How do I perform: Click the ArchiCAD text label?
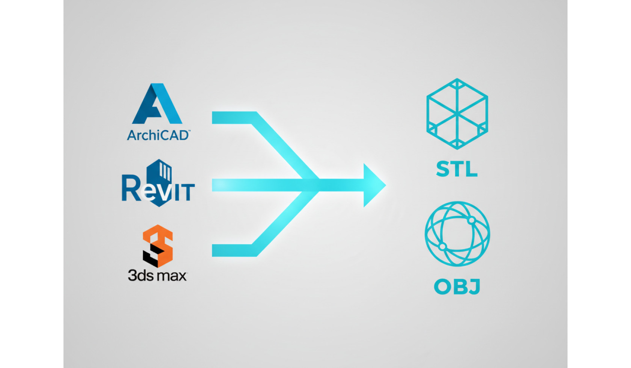click(159, 136)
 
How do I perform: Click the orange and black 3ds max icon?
click(157, 246)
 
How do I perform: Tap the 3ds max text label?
click(157, 275)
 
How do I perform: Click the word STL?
click(457, 169)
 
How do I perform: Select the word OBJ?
click(457, 287)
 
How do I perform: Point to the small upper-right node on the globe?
click(472, 220)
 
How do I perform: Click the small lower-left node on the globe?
click(442, 247)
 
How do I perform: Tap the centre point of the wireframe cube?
click(457, 114)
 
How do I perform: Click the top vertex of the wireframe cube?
click(457, 79)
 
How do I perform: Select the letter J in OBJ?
click(474, 287)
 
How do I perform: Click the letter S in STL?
click(443, 169)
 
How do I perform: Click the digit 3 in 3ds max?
click(132, 275)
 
